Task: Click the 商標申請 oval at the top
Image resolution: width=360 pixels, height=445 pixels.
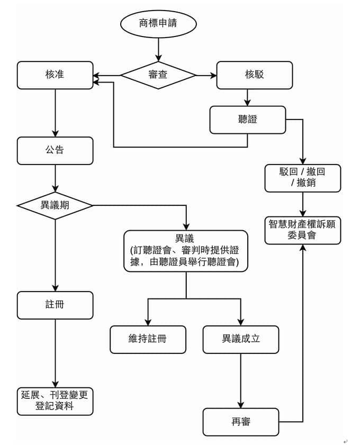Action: coord(158,24)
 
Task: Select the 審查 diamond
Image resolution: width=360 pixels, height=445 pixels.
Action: coord(158,75)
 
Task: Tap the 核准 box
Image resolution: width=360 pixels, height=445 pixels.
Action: coord(55,75)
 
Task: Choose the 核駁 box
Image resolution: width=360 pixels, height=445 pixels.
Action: coord(254,75)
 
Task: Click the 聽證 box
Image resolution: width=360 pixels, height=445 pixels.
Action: coord(247,120)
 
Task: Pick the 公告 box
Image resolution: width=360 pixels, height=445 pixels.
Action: coord(55,151)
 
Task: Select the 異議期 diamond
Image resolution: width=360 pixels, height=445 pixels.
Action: coord(55,205)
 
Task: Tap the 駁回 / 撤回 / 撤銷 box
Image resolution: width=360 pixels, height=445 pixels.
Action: coord(302,178)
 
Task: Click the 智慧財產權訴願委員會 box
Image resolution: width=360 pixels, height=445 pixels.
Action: coord(302,230)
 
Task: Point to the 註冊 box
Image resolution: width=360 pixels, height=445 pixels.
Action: coord(55,305)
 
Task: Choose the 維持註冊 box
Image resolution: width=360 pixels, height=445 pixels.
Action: coord(148,339)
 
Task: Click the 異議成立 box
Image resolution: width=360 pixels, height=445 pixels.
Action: coord(241,339)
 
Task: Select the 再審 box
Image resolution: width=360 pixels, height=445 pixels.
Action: coord(241,422)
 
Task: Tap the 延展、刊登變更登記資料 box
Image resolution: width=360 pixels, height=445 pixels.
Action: coord(55,401)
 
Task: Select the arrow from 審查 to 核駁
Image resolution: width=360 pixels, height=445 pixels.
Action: coord(206,75)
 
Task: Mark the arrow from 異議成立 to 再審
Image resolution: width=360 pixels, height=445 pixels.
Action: coord(241,380)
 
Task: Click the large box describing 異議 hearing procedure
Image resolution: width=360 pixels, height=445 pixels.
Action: coord(186,251)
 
